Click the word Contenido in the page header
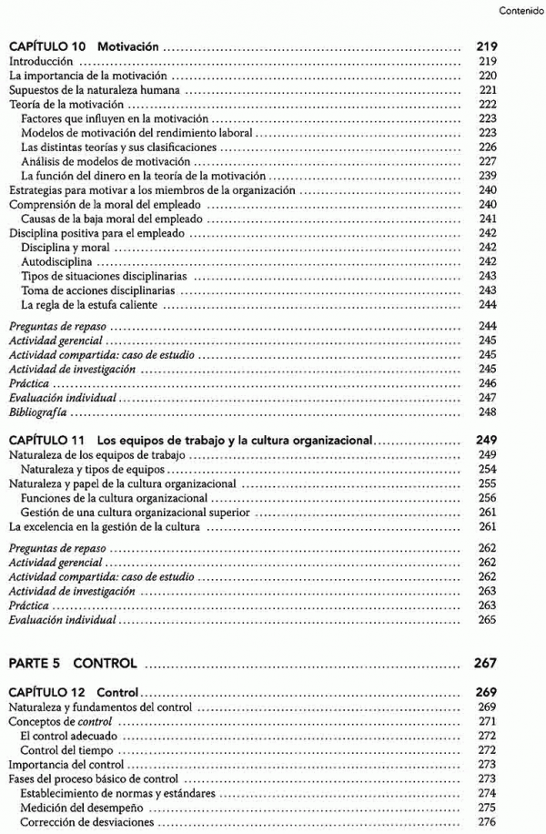click(521, 12)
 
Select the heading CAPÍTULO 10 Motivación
click(90, 44)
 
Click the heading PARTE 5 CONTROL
click(72, 663)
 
